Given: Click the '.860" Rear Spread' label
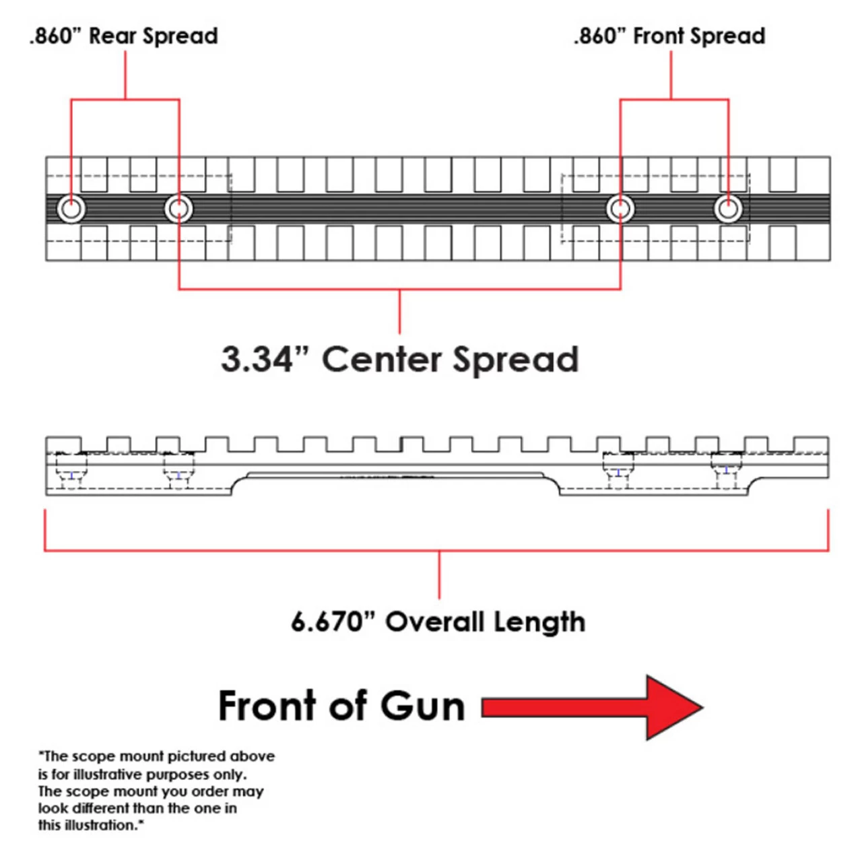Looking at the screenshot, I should point(124,36).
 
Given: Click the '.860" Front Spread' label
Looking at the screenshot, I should point(669,36).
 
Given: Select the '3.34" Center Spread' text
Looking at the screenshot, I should point(399,359).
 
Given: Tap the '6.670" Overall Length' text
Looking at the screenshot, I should point(438,622).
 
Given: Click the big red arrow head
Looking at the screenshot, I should point(673,708).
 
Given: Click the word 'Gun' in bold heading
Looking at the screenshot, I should point(422,706).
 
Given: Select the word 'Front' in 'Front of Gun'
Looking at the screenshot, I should point(267,706).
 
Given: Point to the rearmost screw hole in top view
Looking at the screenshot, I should point(71,209).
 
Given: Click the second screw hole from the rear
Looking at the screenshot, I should point(178,209).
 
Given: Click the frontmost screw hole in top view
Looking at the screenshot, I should point(728,209).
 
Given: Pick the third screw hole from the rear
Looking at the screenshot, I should point(620,209).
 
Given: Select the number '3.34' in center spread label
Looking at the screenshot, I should point(256,359).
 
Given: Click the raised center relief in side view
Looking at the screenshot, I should point(397,476).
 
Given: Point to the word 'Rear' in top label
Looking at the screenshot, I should point(112,36).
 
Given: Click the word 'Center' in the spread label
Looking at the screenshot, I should point(382,359).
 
